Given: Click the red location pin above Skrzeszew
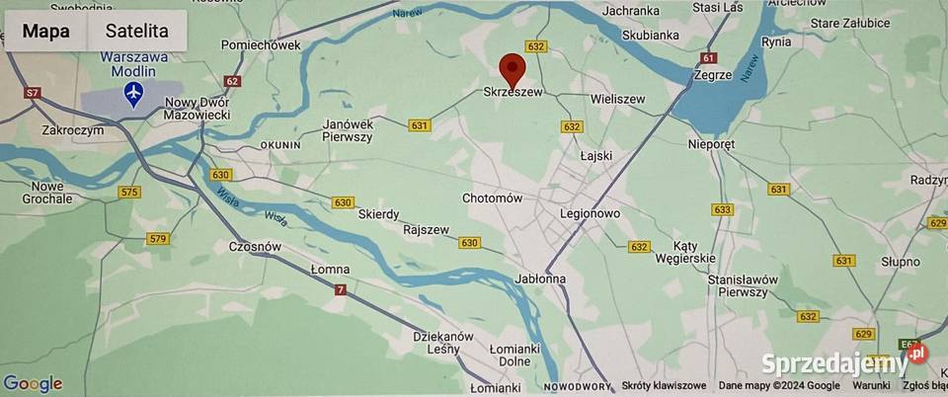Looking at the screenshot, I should [x=513, y=68].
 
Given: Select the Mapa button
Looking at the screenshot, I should [x=45, y=32].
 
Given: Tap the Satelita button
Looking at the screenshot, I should [x=136, y=32].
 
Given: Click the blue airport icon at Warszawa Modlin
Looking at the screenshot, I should [x=134, y=94].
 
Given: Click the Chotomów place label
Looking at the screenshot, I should [x=492, y=198].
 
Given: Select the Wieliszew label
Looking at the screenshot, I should [x=617, y=100].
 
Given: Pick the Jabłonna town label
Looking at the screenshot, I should [x=539, y=278].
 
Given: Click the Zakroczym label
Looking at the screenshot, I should [x=73, y=129].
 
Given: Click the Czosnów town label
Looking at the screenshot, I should [x=256, y=247].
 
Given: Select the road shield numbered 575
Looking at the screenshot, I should [x=129, y=192].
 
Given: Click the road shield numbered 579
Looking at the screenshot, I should [x=157, y=238].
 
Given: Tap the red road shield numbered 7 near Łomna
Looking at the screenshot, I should [x=341, y=289].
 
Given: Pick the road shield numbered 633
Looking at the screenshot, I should [x=723, y=209].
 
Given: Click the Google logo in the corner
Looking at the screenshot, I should [x=33, y=384].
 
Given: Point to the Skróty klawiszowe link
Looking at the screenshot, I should [x=664, y=386].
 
